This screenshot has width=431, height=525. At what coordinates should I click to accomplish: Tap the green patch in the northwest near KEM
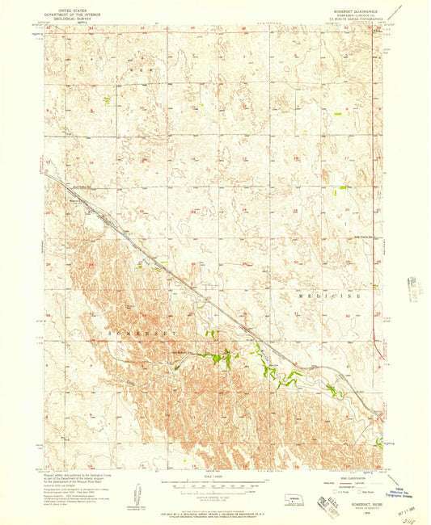(x=106, y=100)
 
